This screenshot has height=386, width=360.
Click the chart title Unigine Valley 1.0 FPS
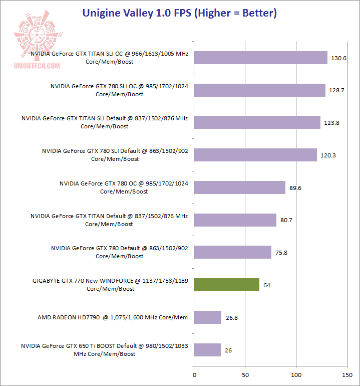(180, 13)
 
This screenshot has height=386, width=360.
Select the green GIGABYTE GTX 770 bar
(226, 285)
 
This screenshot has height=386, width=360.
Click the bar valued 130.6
(260, 58)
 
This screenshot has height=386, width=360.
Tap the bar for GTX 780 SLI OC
(259, 90)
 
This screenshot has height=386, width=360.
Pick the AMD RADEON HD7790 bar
(207, 317)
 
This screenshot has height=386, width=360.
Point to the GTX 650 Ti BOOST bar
(207, 350)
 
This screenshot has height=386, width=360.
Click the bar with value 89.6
(239, 187)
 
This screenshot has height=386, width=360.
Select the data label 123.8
(333, 123)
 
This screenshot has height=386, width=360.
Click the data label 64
(267, 285)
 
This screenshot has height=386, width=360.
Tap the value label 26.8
(231, 317)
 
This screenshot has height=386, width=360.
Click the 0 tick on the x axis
(194, 374)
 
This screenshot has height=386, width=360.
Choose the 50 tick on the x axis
(245, 374)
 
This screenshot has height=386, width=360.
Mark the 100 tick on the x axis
(296, 374)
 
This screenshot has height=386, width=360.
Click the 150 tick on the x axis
(347, 374)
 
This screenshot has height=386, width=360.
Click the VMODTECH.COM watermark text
(38, 66)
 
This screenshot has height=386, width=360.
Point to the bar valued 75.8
(232, 252)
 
